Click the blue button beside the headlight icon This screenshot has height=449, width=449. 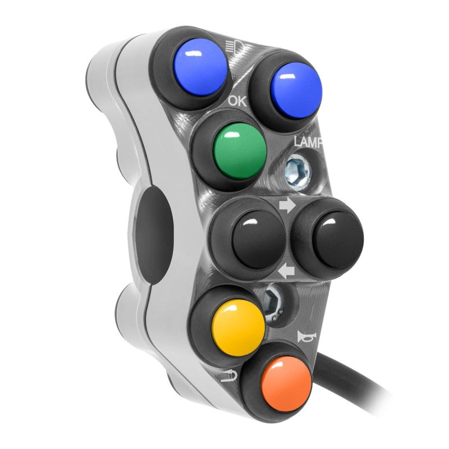click(201, 68)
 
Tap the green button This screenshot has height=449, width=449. click(241, 151)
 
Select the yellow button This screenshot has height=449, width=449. click(238, 328)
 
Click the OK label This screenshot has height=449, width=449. click(237, 101)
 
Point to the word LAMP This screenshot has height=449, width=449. click(308, 142)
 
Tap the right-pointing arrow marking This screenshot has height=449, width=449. click(287, 205)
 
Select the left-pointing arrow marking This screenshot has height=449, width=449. click(286, 272)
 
